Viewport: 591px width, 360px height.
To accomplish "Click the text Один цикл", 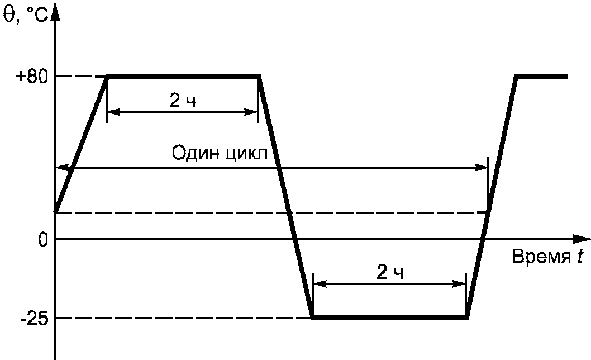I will point(219,153).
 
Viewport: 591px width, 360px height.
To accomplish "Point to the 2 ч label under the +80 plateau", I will point(183,101).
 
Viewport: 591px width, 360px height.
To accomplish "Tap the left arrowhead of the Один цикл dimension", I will point(62,167).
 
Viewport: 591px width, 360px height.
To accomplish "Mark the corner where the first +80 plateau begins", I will point(107,76).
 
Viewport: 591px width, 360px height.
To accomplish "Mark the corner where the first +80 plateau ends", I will point(259,76).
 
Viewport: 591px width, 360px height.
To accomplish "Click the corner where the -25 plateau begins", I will point(312,318).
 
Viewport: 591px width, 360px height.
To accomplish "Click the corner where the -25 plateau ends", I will point(467,318).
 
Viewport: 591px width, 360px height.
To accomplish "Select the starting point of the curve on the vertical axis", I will point(56,211).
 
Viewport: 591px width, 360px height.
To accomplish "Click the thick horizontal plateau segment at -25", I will point(389,318).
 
